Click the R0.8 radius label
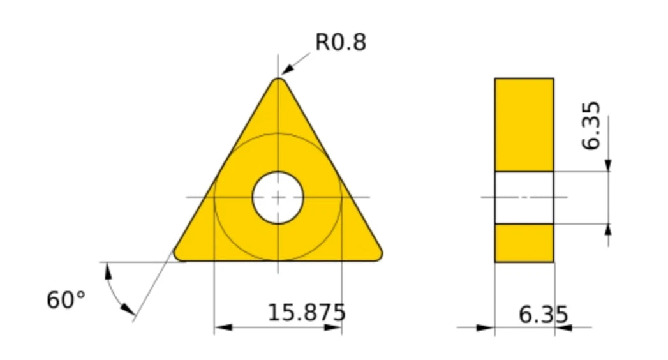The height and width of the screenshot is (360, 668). (341, 42)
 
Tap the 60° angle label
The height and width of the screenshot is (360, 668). (66, 300)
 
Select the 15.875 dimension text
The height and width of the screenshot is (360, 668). (306, 313)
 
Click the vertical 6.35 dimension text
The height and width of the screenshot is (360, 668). (591, 126)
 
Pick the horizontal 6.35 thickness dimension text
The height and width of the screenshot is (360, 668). (543, 315)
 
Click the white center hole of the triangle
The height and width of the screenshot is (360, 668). (278, 198)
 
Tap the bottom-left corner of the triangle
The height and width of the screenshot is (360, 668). (179, 255)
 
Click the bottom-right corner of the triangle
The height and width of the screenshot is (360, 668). (377, 255)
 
